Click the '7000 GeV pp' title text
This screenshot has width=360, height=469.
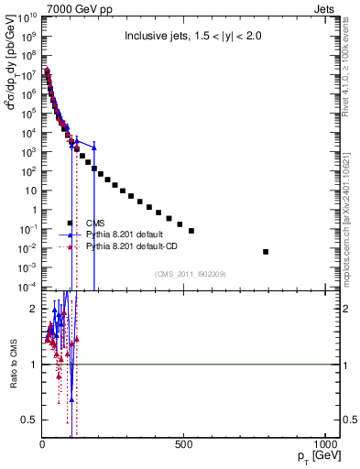(73, 7)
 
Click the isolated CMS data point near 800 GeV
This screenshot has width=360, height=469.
(266, 251)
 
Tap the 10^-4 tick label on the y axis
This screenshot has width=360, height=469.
(27, 287)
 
